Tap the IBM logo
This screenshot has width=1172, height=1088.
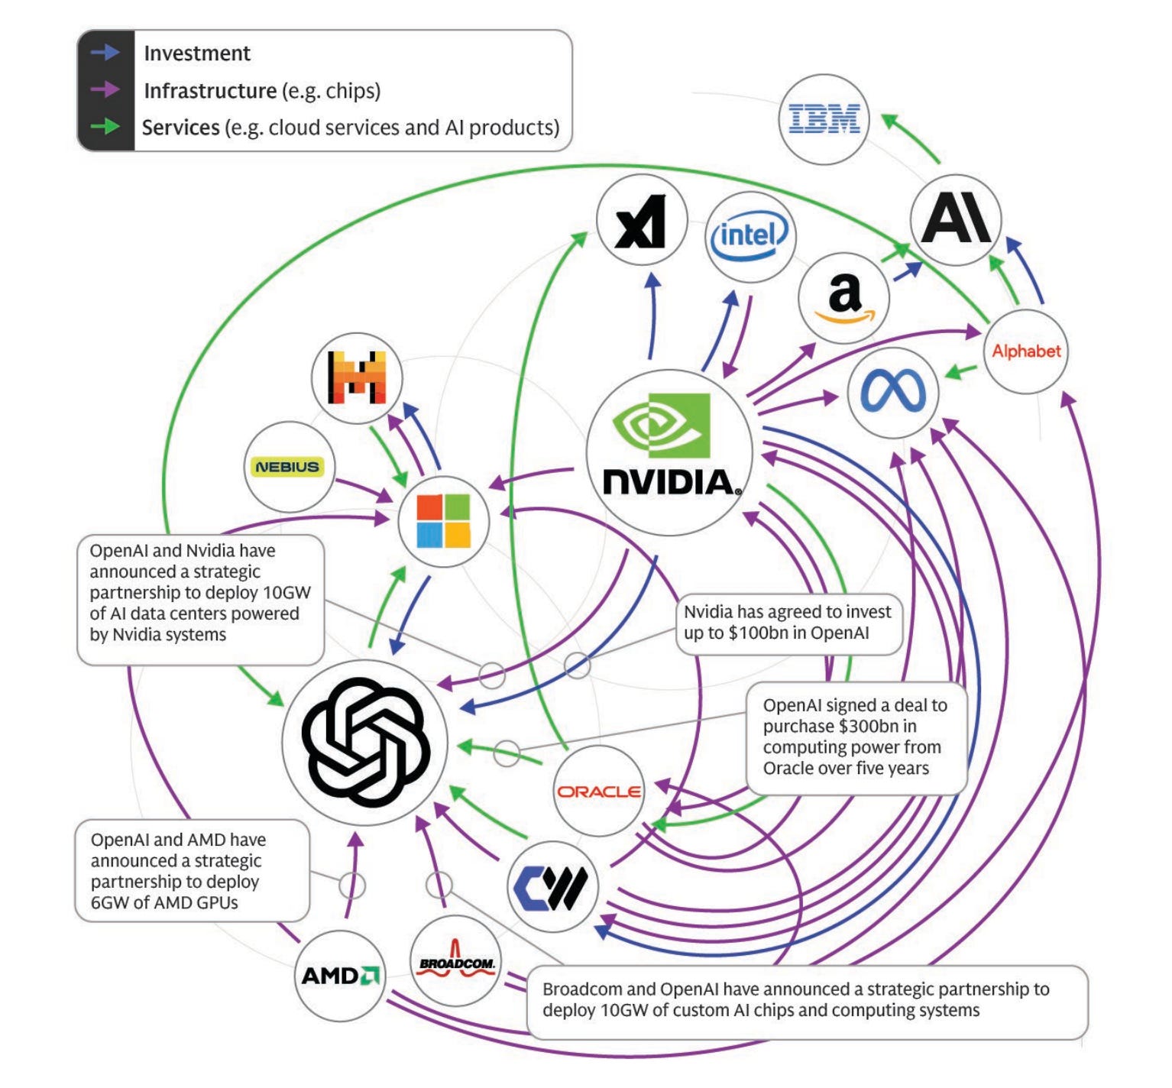824,119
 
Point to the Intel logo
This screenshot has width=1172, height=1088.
749,236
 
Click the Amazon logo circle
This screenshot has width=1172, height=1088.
843,299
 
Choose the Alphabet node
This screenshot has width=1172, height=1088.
1025,351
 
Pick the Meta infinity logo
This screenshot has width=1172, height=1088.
892,393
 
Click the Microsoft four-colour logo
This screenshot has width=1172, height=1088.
443,521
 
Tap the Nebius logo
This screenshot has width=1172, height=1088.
288,467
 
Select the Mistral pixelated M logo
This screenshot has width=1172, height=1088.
356,377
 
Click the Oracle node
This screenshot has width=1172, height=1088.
598,792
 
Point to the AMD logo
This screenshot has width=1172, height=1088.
340,976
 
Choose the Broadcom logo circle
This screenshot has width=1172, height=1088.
456,962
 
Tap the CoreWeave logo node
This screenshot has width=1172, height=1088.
552,887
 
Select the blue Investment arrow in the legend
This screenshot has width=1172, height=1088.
105,53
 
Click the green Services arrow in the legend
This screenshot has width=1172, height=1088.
105,126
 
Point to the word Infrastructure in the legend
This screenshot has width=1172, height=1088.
210,91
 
